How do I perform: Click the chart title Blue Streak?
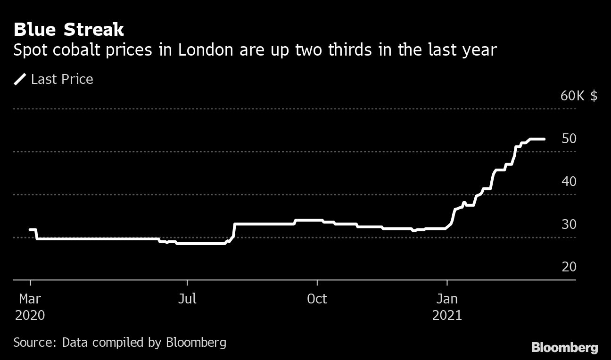point(69,30)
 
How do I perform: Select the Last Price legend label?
point(62,79)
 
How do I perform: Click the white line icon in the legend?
point(20,79)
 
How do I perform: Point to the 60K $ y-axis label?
point(578,96)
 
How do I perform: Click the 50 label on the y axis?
point(569,139)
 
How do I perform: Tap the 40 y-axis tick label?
point(569,181)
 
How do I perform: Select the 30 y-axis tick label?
point(569,224)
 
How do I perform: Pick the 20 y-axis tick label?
point(569,267)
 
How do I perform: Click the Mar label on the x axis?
point(30,299)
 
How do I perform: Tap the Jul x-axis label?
point(187,299)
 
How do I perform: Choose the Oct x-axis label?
point(317,299)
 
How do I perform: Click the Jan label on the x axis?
point(446,299)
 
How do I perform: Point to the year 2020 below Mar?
point(30,315)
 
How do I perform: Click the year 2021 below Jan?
point(446,315)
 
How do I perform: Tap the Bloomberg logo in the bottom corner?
point(564,348)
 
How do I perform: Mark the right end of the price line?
point(545,139)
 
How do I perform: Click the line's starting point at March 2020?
point(30,229)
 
